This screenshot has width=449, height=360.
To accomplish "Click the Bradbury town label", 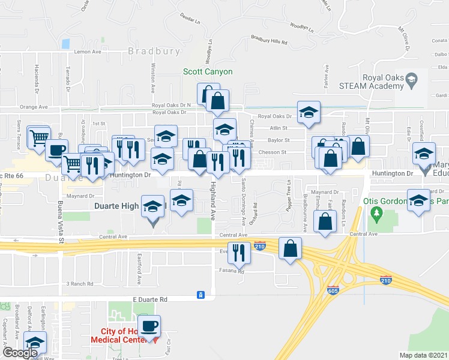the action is pos(154,51).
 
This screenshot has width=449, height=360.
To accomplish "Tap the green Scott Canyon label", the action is pos(208,72).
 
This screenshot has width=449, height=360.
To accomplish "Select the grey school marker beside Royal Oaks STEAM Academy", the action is pos(412,79).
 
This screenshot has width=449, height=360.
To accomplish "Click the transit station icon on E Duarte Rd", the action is pos(201,295).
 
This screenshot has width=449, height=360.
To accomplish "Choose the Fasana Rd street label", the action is pos(232,272).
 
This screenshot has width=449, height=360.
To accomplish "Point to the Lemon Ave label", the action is pos(88,52).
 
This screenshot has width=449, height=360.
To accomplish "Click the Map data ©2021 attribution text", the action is pos(423,355).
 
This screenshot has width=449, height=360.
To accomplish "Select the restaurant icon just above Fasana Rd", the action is pos(240,253).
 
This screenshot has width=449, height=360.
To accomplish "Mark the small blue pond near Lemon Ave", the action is pos(65,44).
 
